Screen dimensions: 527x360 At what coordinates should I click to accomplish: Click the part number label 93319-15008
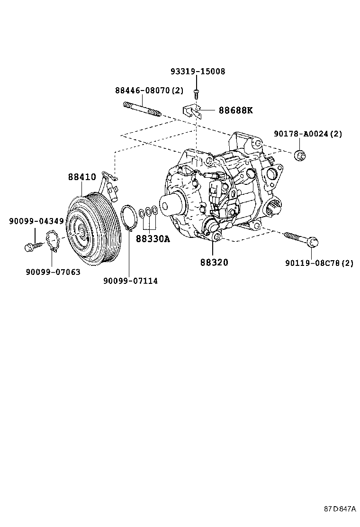tap(198, 72)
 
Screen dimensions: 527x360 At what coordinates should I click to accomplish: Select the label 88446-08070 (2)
tap(149, 90)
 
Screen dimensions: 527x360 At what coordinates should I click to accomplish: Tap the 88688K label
tap(235, 110)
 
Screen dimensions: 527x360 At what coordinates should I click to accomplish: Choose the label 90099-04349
tap(36, 221)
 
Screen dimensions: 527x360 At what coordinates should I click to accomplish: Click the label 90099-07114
tap(130, 281)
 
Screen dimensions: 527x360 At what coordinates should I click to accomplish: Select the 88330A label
tap(152, 239)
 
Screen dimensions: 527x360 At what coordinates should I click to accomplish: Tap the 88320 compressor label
tap(214, 262)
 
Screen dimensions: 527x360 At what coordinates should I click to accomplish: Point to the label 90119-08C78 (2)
tap(319, 263)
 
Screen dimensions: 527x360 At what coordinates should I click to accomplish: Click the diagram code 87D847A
tap(340, 509)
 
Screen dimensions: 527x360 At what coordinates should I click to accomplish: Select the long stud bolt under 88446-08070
tap(143, 110)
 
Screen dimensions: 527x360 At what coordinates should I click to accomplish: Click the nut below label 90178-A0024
tap(299, 154)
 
